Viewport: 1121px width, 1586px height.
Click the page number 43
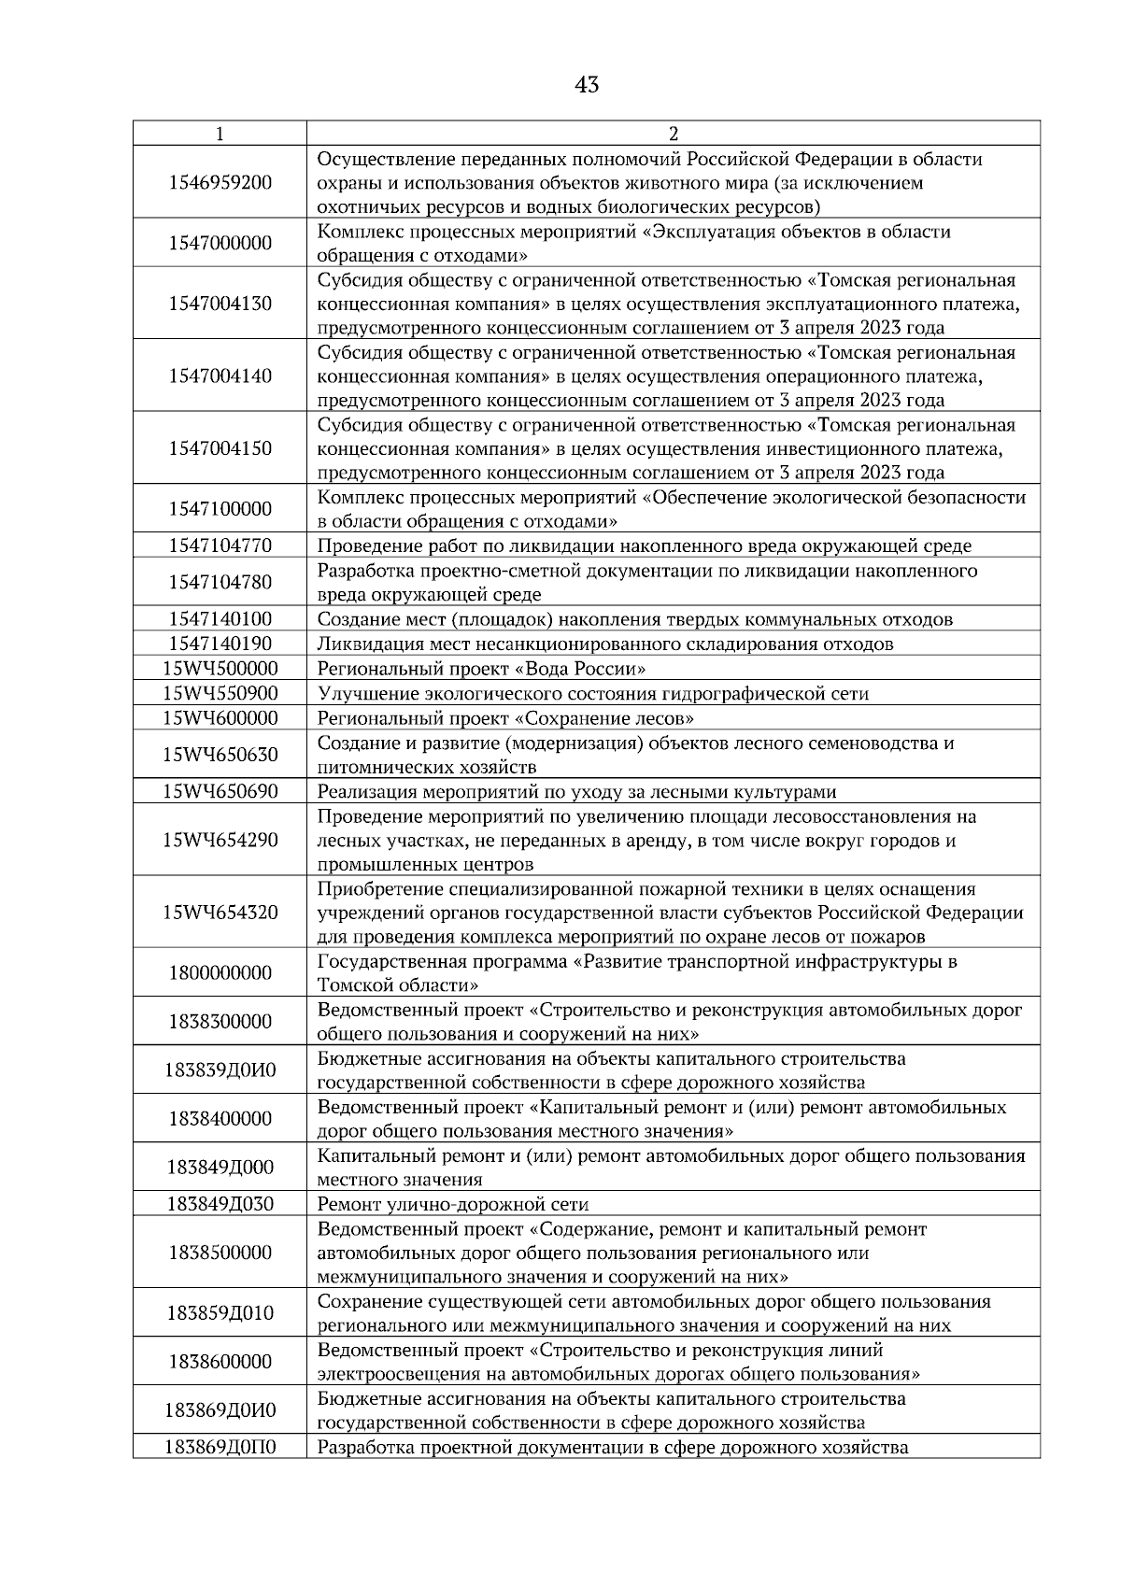point(587,86)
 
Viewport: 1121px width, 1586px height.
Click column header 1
point(220,134)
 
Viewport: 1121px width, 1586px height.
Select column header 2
point(674,134)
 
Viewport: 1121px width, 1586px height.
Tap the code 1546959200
point(220,182)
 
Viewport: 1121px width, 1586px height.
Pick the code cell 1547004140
point(220,376)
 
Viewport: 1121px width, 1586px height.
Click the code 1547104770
point(220,545)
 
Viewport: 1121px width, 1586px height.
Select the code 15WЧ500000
point(220,669)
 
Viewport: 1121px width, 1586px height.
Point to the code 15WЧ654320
point(220,913)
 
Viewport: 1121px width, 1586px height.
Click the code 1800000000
point(220,973)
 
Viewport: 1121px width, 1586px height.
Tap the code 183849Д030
point(220,1204)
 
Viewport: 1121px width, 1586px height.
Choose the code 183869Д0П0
point(220,1448)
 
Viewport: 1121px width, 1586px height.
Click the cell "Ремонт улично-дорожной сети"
point(453,1204)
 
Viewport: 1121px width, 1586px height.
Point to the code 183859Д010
point(220,1313)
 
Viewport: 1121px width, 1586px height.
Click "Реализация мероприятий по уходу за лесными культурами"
point(576,792)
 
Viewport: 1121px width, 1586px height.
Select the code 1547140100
point(220,619)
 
